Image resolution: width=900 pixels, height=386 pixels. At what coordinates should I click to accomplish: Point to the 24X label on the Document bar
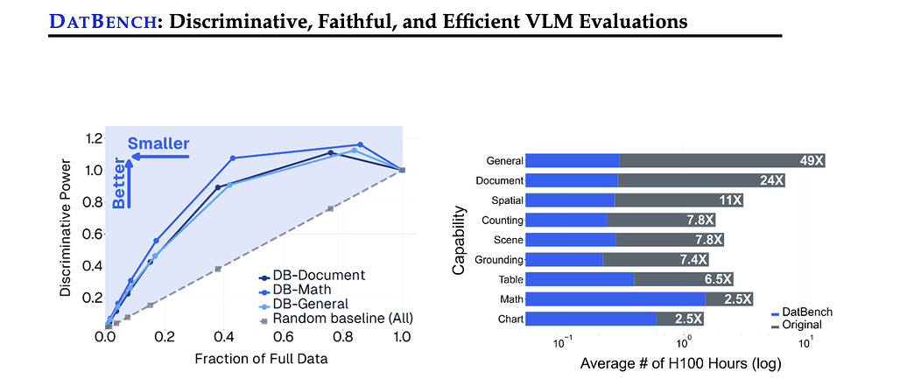tap(770, 180)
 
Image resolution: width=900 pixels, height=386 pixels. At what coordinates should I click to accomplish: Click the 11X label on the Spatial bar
tap(730, 200)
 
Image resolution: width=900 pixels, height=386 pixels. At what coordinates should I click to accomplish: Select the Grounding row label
tap(498, 260)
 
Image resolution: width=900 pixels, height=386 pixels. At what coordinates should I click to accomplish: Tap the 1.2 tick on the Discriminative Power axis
tap(88, 138)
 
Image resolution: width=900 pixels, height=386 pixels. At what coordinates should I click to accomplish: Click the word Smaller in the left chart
tap(158, 144)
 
